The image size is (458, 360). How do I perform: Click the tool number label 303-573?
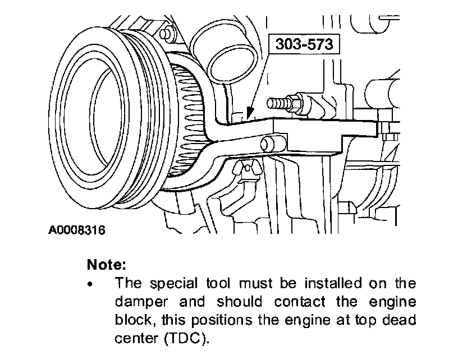[x=305, y=44]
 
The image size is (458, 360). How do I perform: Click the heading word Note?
[x=107, y=264]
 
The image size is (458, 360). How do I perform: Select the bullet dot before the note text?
[x=90, y=284]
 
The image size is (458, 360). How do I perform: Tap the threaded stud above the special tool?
[x=283, y=103]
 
